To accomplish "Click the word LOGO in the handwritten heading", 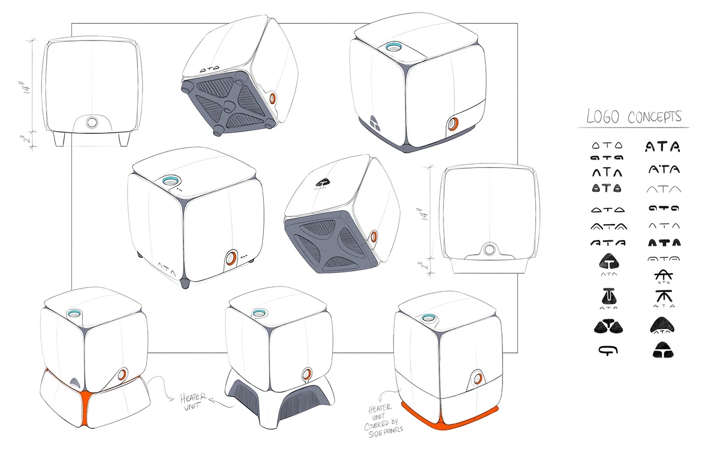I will click(x=603, y=117).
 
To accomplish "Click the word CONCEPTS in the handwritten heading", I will click(x=654, y=117).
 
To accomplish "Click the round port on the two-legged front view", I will click(x=92, y=122).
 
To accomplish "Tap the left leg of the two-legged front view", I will click(x=58, y=139).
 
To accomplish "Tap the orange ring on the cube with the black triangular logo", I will click(x=453, y=123).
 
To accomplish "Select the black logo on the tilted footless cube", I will click(x=324, y=182).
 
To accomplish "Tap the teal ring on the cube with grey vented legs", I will click(x=258, y=313).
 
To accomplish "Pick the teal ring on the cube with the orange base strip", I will click(x=428, y=318).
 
